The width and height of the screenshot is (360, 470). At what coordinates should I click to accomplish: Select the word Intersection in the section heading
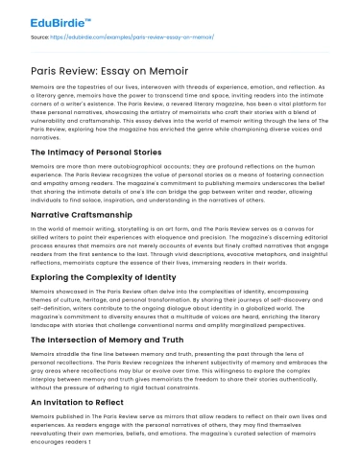click(66, 357)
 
